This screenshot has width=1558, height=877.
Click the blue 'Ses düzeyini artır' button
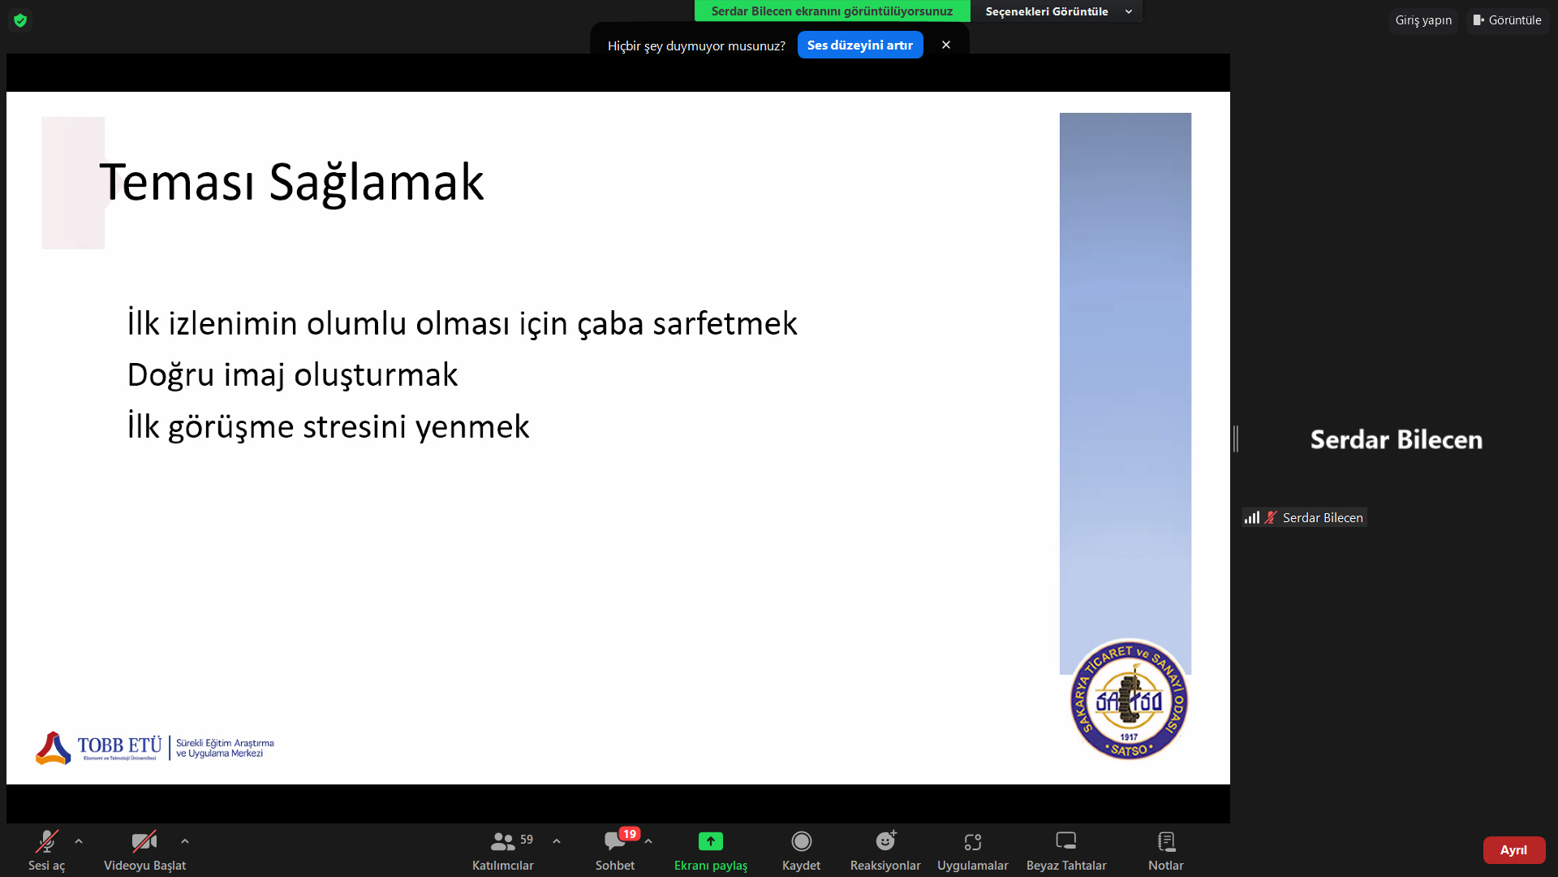tap(860, 45)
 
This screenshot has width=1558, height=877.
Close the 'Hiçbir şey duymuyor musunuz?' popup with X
tap(946, 45)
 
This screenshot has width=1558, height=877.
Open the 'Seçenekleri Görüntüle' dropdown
tap(1057, 11)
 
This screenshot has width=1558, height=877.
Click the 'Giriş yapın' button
tap(1423, 20)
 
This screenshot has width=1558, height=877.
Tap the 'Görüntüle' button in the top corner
tap(1508, 20)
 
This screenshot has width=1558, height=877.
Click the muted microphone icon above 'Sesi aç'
tap(46, 841)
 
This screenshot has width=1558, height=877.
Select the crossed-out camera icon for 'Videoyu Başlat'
tap(144, 841)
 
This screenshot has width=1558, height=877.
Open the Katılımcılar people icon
tap(502, 842)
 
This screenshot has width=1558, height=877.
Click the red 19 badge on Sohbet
tap(630, 834)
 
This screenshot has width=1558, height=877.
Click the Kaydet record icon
tap(802, 841)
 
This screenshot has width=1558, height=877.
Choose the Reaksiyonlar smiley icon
tap(885, 840)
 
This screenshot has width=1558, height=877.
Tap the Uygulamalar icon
tap(973, 842)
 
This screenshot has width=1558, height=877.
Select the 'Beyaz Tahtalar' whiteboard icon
tap(1066, 840)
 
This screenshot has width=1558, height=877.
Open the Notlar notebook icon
tap(1166, 841)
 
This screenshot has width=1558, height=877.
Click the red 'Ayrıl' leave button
tap(1514, 850)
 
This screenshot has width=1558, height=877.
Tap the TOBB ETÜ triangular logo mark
tap(54, 748)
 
